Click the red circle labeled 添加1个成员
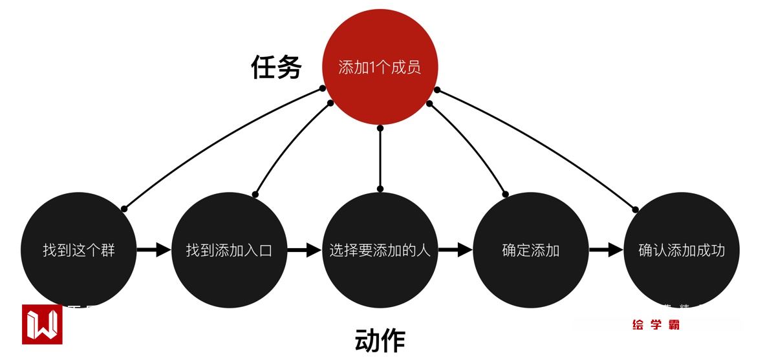pyautogui.click(x=380, y=67)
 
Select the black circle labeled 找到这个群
pyautogui.click(x=79, y=250)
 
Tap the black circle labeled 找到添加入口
pyautogui.click(x=230, y=250)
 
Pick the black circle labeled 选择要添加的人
pyautogui.click(x=380, y=250)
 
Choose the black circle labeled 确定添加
pyautogui.click(x=531, y=250)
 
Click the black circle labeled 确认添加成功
pyautogui.click(x=682, y=250)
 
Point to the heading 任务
pyautogui.click(x=276, y=67)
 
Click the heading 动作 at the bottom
pyautogui.click(x=380, y=341)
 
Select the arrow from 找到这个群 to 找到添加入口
pyautogui.click(x=154, y=250)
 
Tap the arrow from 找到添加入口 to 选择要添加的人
pyautogui.click(x=305, y=250)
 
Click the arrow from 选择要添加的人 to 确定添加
pyautogui.click(x=456, y=250)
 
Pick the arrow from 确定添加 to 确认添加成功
pyautogui.click(x=607, y=250)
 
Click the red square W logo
pyautogui.click(x=42, y=324)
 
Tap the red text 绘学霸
pyautogui.click(x=656, y=325)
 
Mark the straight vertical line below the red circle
pyautogui.click(x=380, y=158)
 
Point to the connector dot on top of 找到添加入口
pyautogui.click(x=255, y=194)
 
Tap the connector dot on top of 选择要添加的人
pyautogui.click(x=380, y=189)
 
